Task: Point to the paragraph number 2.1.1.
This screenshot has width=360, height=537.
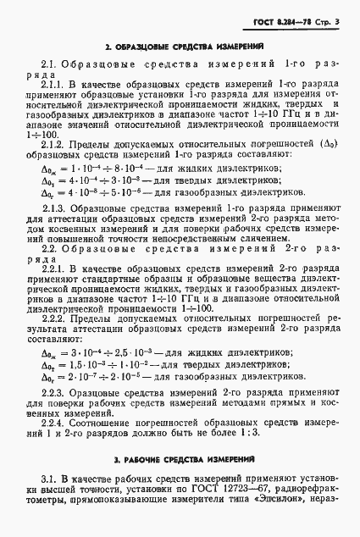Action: coord(54,86)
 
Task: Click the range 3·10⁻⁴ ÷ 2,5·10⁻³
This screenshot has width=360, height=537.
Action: coord(108,352)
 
